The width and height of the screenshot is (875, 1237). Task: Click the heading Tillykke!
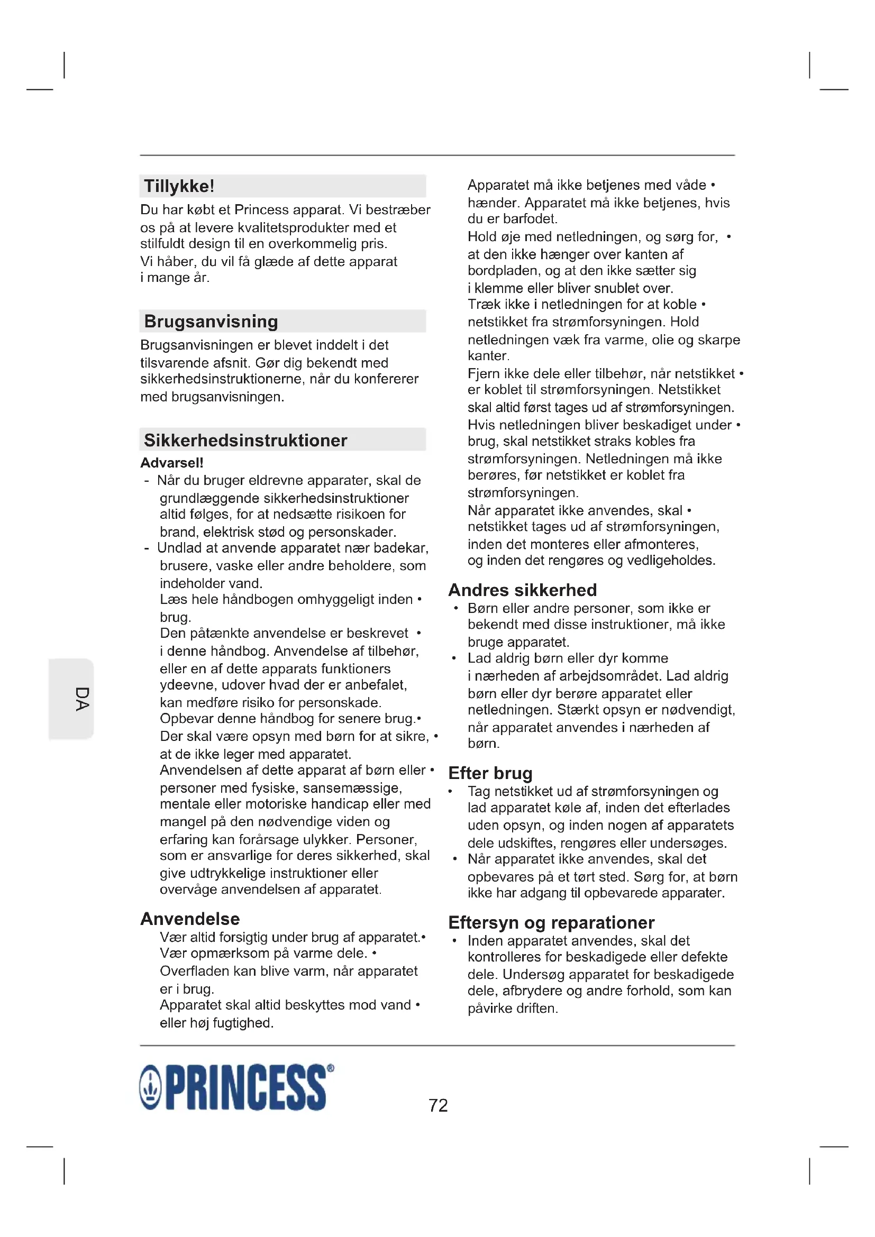pyautogui.click(x=179, y=186)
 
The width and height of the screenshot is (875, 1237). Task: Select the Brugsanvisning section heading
pyautogui.click(x=211, y=322)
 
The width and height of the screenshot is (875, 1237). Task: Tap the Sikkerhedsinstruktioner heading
pyautogui.click(x=245, y=441)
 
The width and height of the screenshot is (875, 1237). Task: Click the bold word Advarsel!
pyautogui.click(x=172, y=463)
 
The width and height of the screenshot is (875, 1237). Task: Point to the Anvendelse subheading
pyautogui.click(x=190, y=919)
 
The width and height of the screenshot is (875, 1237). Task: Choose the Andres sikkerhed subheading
pyautogui.click(x=522, y=590)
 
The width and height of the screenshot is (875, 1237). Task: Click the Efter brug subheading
pyautogui.click(x=490, y=773)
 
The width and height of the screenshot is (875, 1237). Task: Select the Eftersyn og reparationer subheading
pyautogui.click(x=551, y=922)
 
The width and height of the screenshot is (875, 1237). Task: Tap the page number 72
pyautogui.click(x=438, y=1105)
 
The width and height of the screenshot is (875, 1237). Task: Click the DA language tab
pyautogui.click(x=81, y=699)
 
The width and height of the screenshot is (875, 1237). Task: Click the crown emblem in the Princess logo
pyautogui.click(x=150, y=1088)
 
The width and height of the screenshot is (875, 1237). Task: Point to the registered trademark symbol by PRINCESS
pyautogui.click(x=330, y=1068)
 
